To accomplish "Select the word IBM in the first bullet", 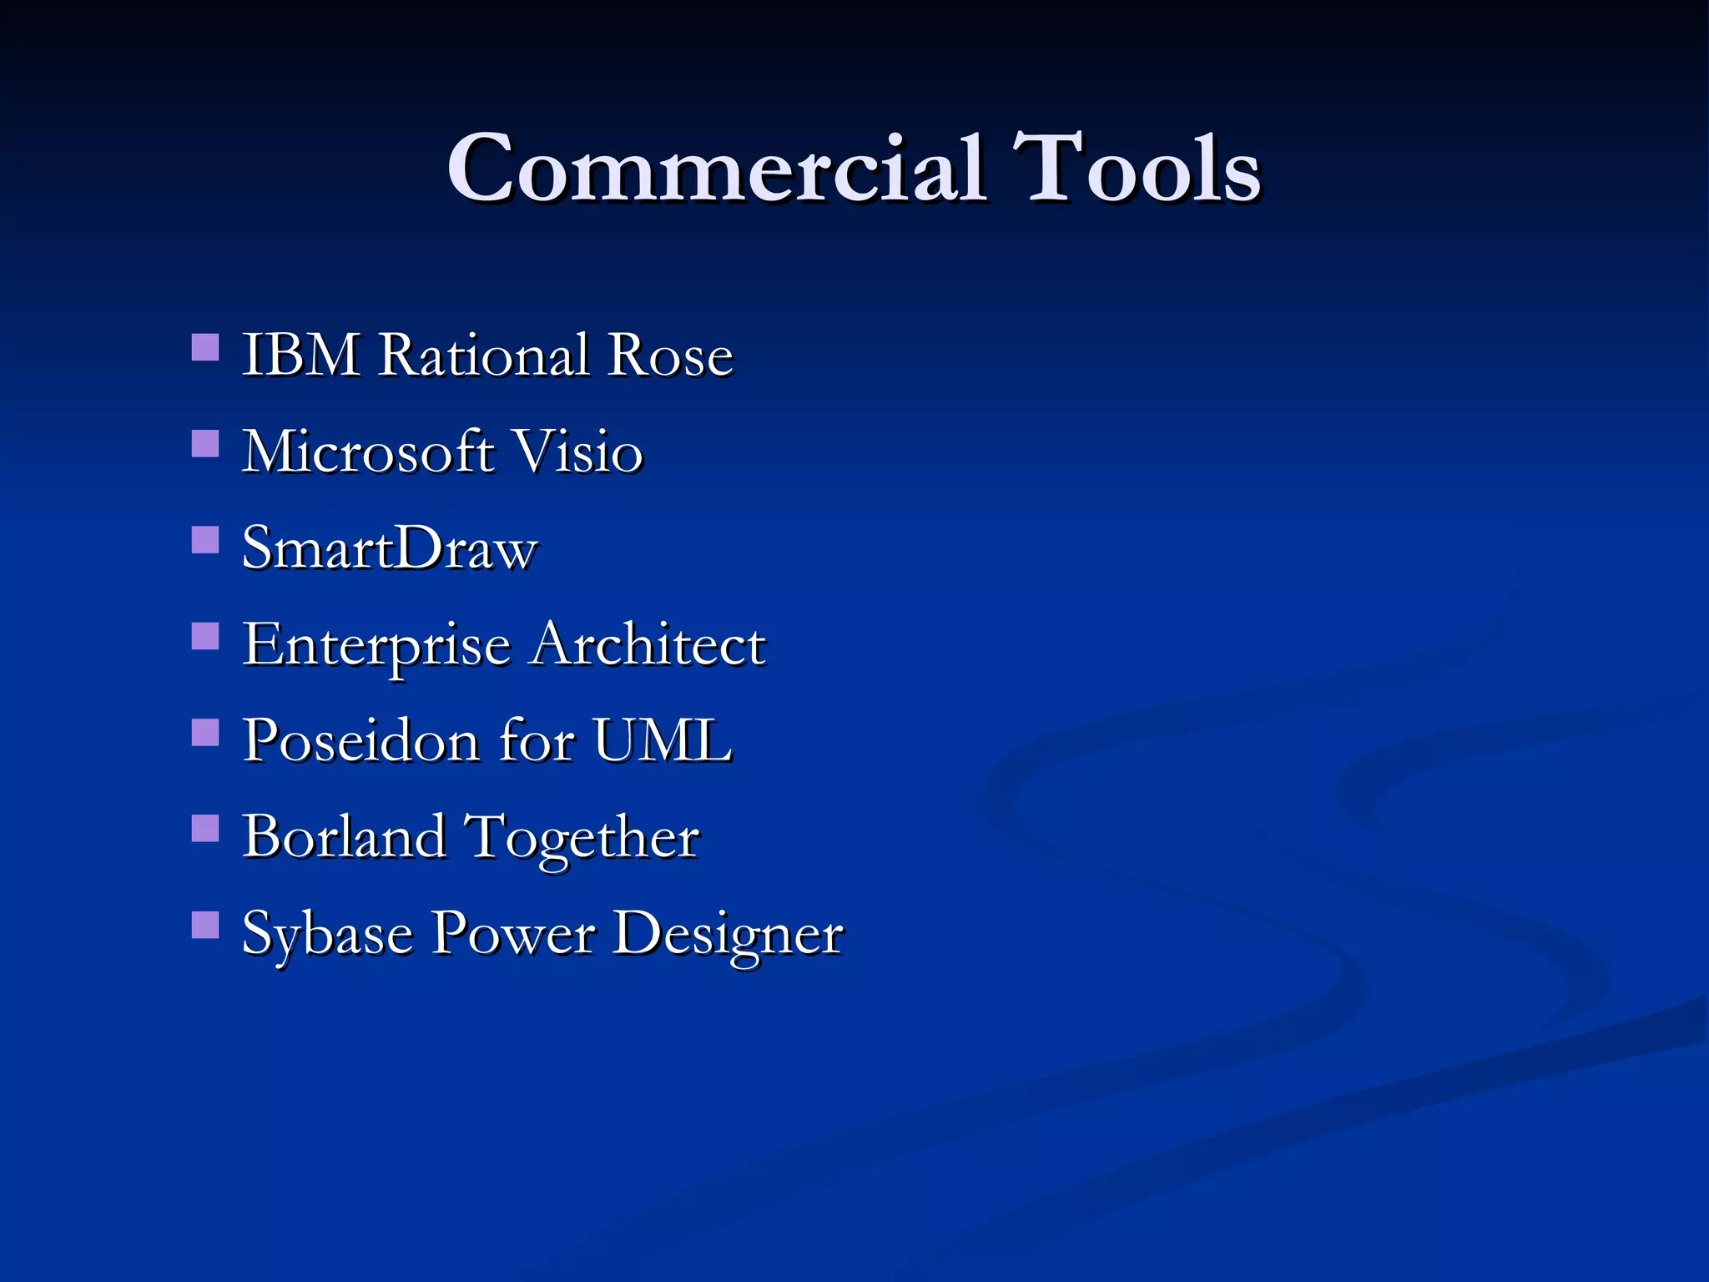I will tap(300, 356).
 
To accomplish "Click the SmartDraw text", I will tap(390, 548).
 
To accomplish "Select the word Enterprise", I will tap(376, 646).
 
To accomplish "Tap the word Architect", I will tap(648, 644).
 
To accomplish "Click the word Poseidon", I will tap(360, 741).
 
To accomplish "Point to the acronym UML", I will tap(663, 741).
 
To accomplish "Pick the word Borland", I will tap(344, 837).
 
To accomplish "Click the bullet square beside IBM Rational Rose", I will tap(205, 347).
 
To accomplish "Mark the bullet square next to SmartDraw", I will tap(205, 540).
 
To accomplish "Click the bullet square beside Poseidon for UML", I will tap(205, 733).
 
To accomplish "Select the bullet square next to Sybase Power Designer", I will tap(205, 925).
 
